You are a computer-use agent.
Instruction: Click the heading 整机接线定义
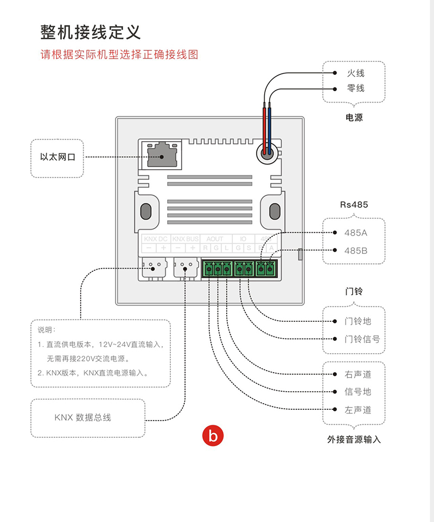pyautogui.click(x=91, y=32)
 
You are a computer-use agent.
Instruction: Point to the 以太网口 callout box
pyautogui.click(x=58, y=157)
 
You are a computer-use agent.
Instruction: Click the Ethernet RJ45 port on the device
pyautogui.click(x=161, y=154)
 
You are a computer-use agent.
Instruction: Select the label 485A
pyautogui.click(x=356, y=233)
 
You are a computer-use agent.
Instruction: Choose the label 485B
pyautogui.click(x=356, y=251)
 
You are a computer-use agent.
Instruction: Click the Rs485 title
pyautogui.click(x=354, y=205)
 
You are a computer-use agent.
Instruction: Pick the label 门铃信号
pyautogui.click(x=362, y=339)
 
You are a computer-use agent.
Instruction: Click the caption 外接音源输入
pyautogui.click(x=354, y=440)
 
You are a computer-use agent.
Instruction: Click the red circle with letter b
pyautogui.click(x=212, y=435)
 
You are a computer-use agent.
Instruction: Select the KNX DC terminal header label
pyautogui.click(x=155, y=238)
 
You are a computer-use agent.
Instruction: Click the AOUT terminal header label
pyautogui.click(x=215, y=238)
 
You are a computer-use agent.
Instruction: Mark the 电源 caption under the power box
pyautogui.click(x=354, y=117)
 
